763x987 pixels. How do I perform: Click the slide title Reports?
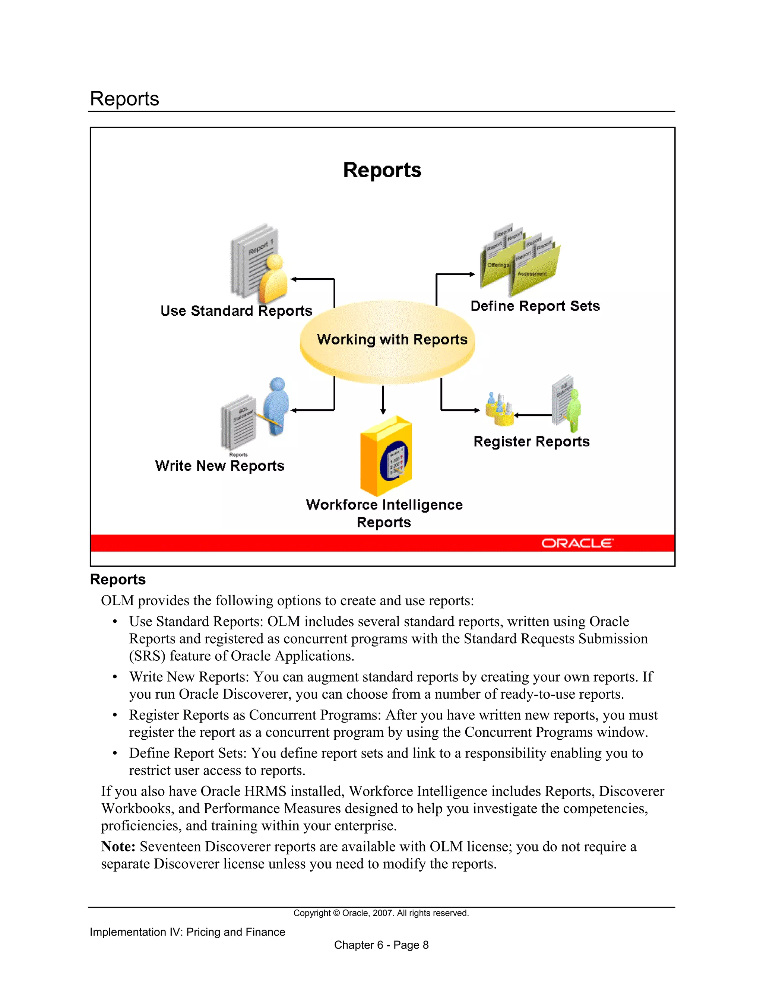point(382,170)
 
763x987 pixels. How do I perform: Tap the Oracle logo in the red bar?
point(577,543)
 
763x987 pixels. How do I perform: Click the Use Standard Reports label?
point(237,311)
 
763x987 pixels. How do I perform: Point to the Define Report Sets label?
point(535,306)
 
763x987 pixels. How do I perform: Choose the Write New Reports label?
point(220,466)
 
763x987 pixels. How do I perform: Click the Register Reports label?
point(532,441)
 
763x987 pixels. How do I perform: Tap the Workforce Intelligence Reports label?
point(384,513)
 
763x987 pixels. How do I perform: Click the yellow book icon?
point(386,456)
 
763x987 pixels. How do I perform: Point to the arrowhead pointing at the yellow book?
point(383,412)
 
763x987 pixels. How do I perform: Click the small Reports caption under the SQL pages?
point(238,455)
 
